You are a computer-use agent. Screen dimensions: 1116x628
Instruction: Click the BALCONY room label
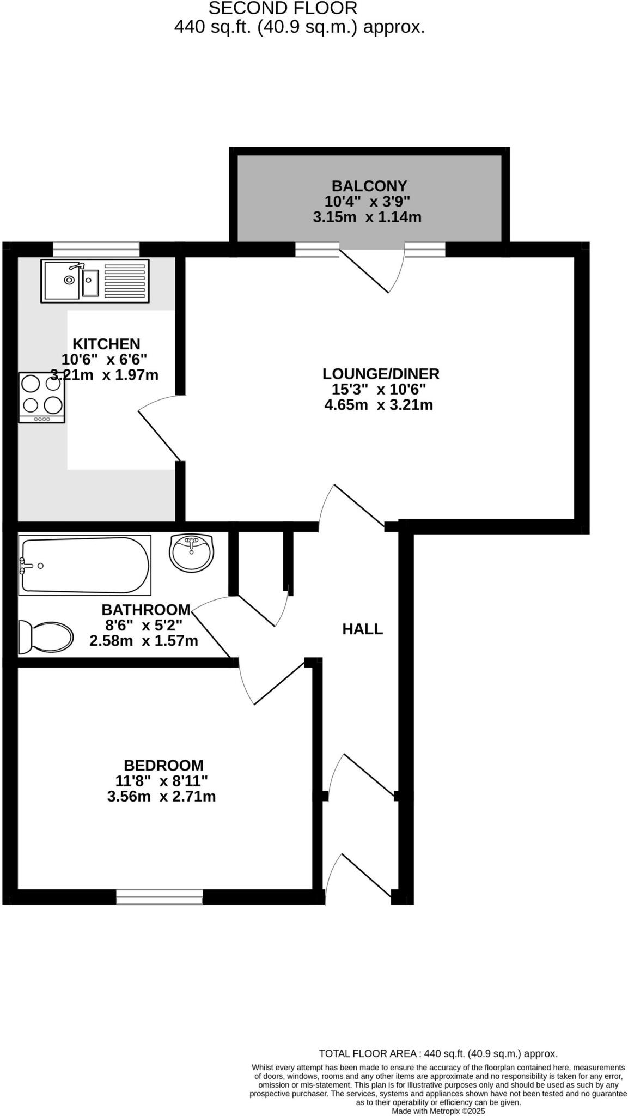[369, 186]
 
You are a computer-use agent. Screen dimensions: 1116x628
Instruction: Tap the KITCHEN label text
[106, 344]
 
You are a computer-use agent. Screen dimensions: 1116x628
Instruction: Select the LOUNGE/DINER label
[381, 374]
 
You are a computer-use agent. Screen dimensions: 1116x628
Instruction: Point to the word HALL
[362, 629]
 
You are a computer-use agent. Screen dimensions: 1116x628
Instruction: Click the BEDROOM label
[163, 766]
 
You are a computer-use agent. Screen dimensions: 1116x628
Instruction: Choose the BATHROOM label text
[146, 609]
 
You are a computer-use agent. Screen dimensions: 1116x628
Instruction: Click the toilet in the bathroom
[46, 636]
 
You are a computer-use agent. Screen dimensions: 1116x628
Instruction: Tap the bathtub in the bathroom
[84, 565]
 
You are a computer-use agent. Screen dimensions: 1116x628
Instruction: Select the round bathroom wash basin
[191, 553]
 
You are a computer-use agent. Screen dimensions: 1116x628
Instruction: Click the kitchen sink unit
[95, 281]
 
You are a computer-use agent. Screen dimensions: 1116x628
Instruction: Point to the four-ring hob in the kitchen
[41, 397]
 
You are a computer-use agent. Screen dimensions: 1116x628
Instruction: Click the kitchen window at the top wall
[96, 250]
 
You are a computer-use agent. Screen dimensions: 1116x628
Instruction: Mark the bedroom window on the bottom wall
[160, 896]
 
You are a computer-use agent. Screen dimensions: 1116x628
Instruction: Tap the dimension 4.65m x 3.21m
[379, 405]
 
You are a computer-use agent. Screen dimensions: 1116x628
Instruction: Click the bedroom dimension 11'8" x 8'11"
[161, 781]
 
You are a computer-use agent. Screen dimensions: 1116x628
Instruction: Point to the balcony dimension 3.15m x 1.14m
[367, 217]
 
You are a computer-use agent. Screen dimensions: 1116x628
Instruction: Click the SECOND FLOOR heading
[283, 8]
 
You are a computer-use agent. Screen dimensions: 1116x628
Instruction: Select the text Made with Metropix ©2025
[438, 1111]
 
